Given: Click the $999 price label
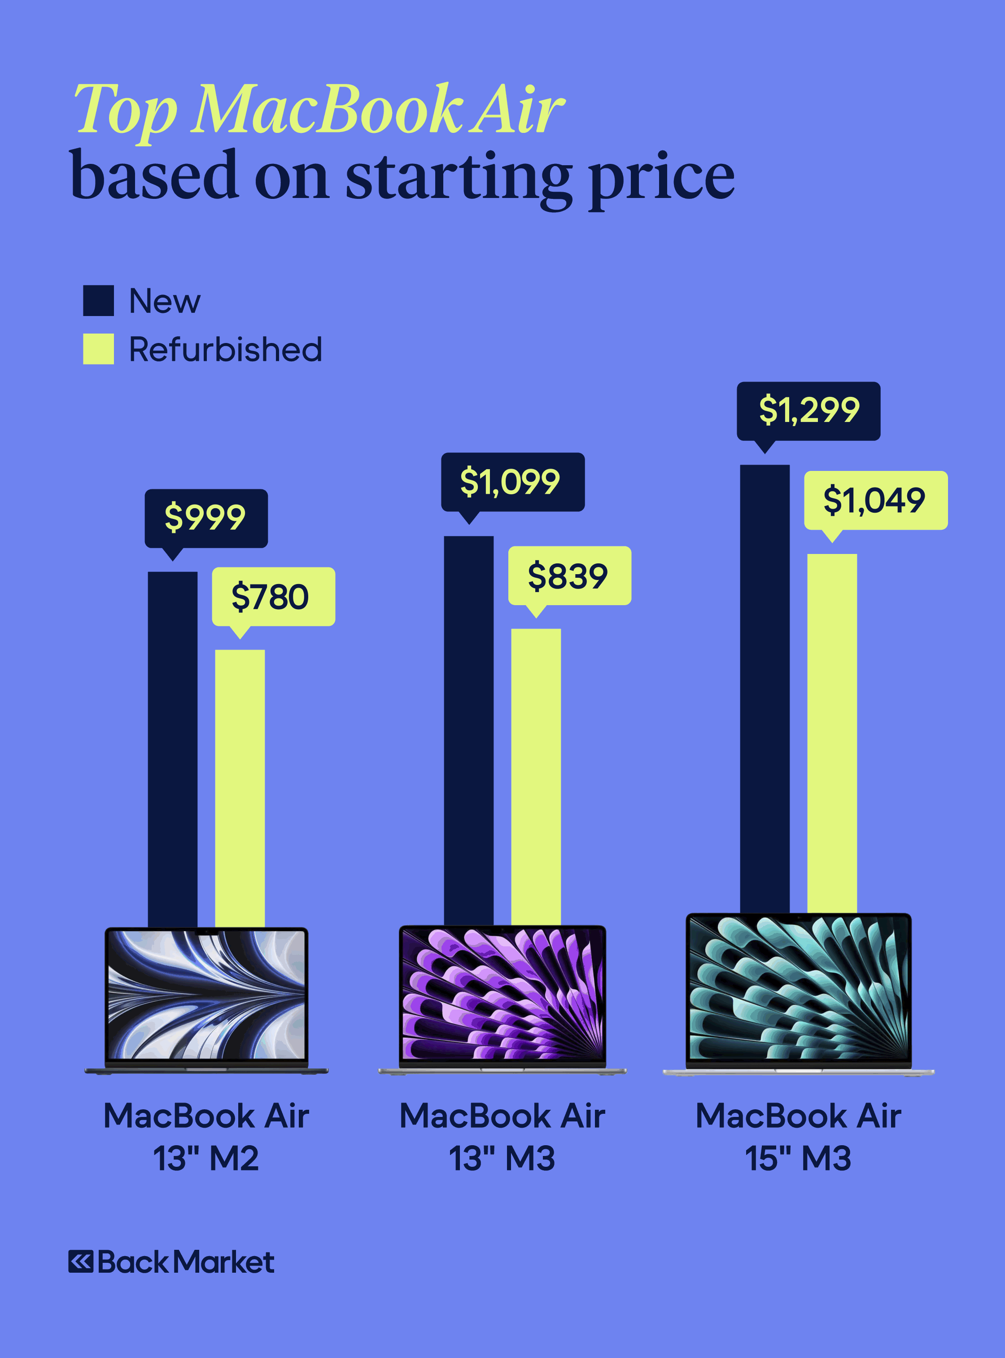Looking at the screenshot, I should coord(205,518).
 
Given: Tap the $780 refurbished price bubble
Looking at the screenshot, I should coord(273,597).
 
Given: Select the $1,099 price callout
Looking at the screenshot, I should coord(512,482).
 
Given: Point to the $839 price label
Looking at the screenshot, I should coord(569,576).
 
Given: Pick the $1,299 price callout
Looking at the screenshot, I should coord(808,411).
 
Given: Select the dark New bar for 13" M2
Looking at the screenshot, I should coord(173,749).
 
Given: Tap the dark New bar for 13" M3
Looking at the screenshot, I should coord(468,730).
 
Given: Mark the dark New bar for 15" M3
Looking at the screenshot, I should coord(765,688).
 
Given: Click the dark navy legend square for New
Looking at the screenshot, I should coord(99,301).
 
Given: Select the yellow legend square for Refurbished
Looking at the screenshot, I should coord(99,349).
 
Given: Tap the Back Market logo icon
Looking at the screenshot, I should coord(81,1262).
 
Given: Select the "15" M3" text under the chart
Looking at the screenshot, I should coord(798,1158).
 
